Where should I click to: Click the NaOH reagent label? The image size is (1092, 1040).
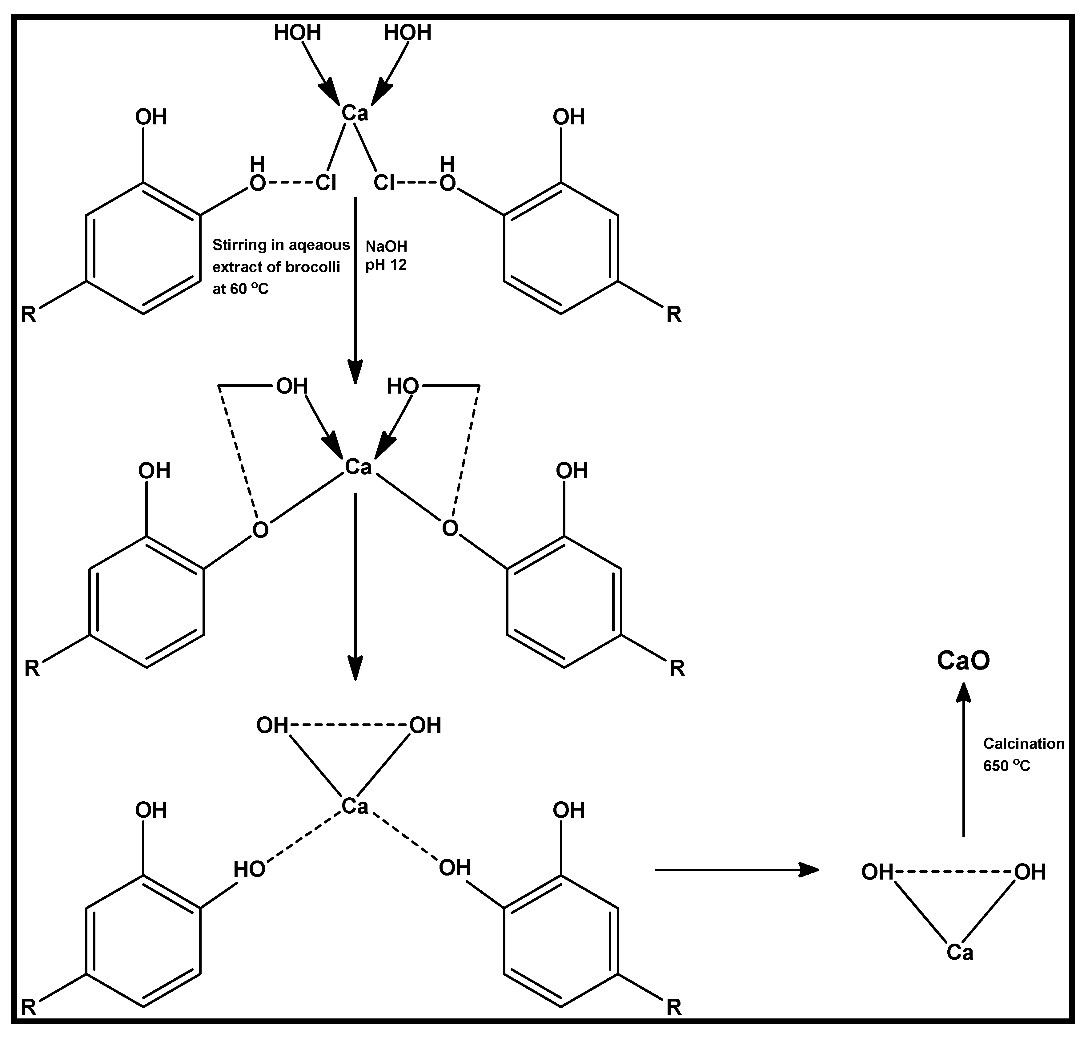pyautogui.click(x=386, y=246)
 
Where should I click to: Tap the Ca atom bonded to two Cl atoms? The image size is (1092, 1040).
pyautogui.click(x=355, y=113)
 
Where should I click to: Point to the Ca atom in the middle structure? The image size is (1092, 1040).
pyautogui.click(x=358, y=467)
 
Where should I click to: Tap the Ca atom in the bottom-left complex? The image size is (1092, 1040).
pyautogui.click(x=355, y=806)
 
